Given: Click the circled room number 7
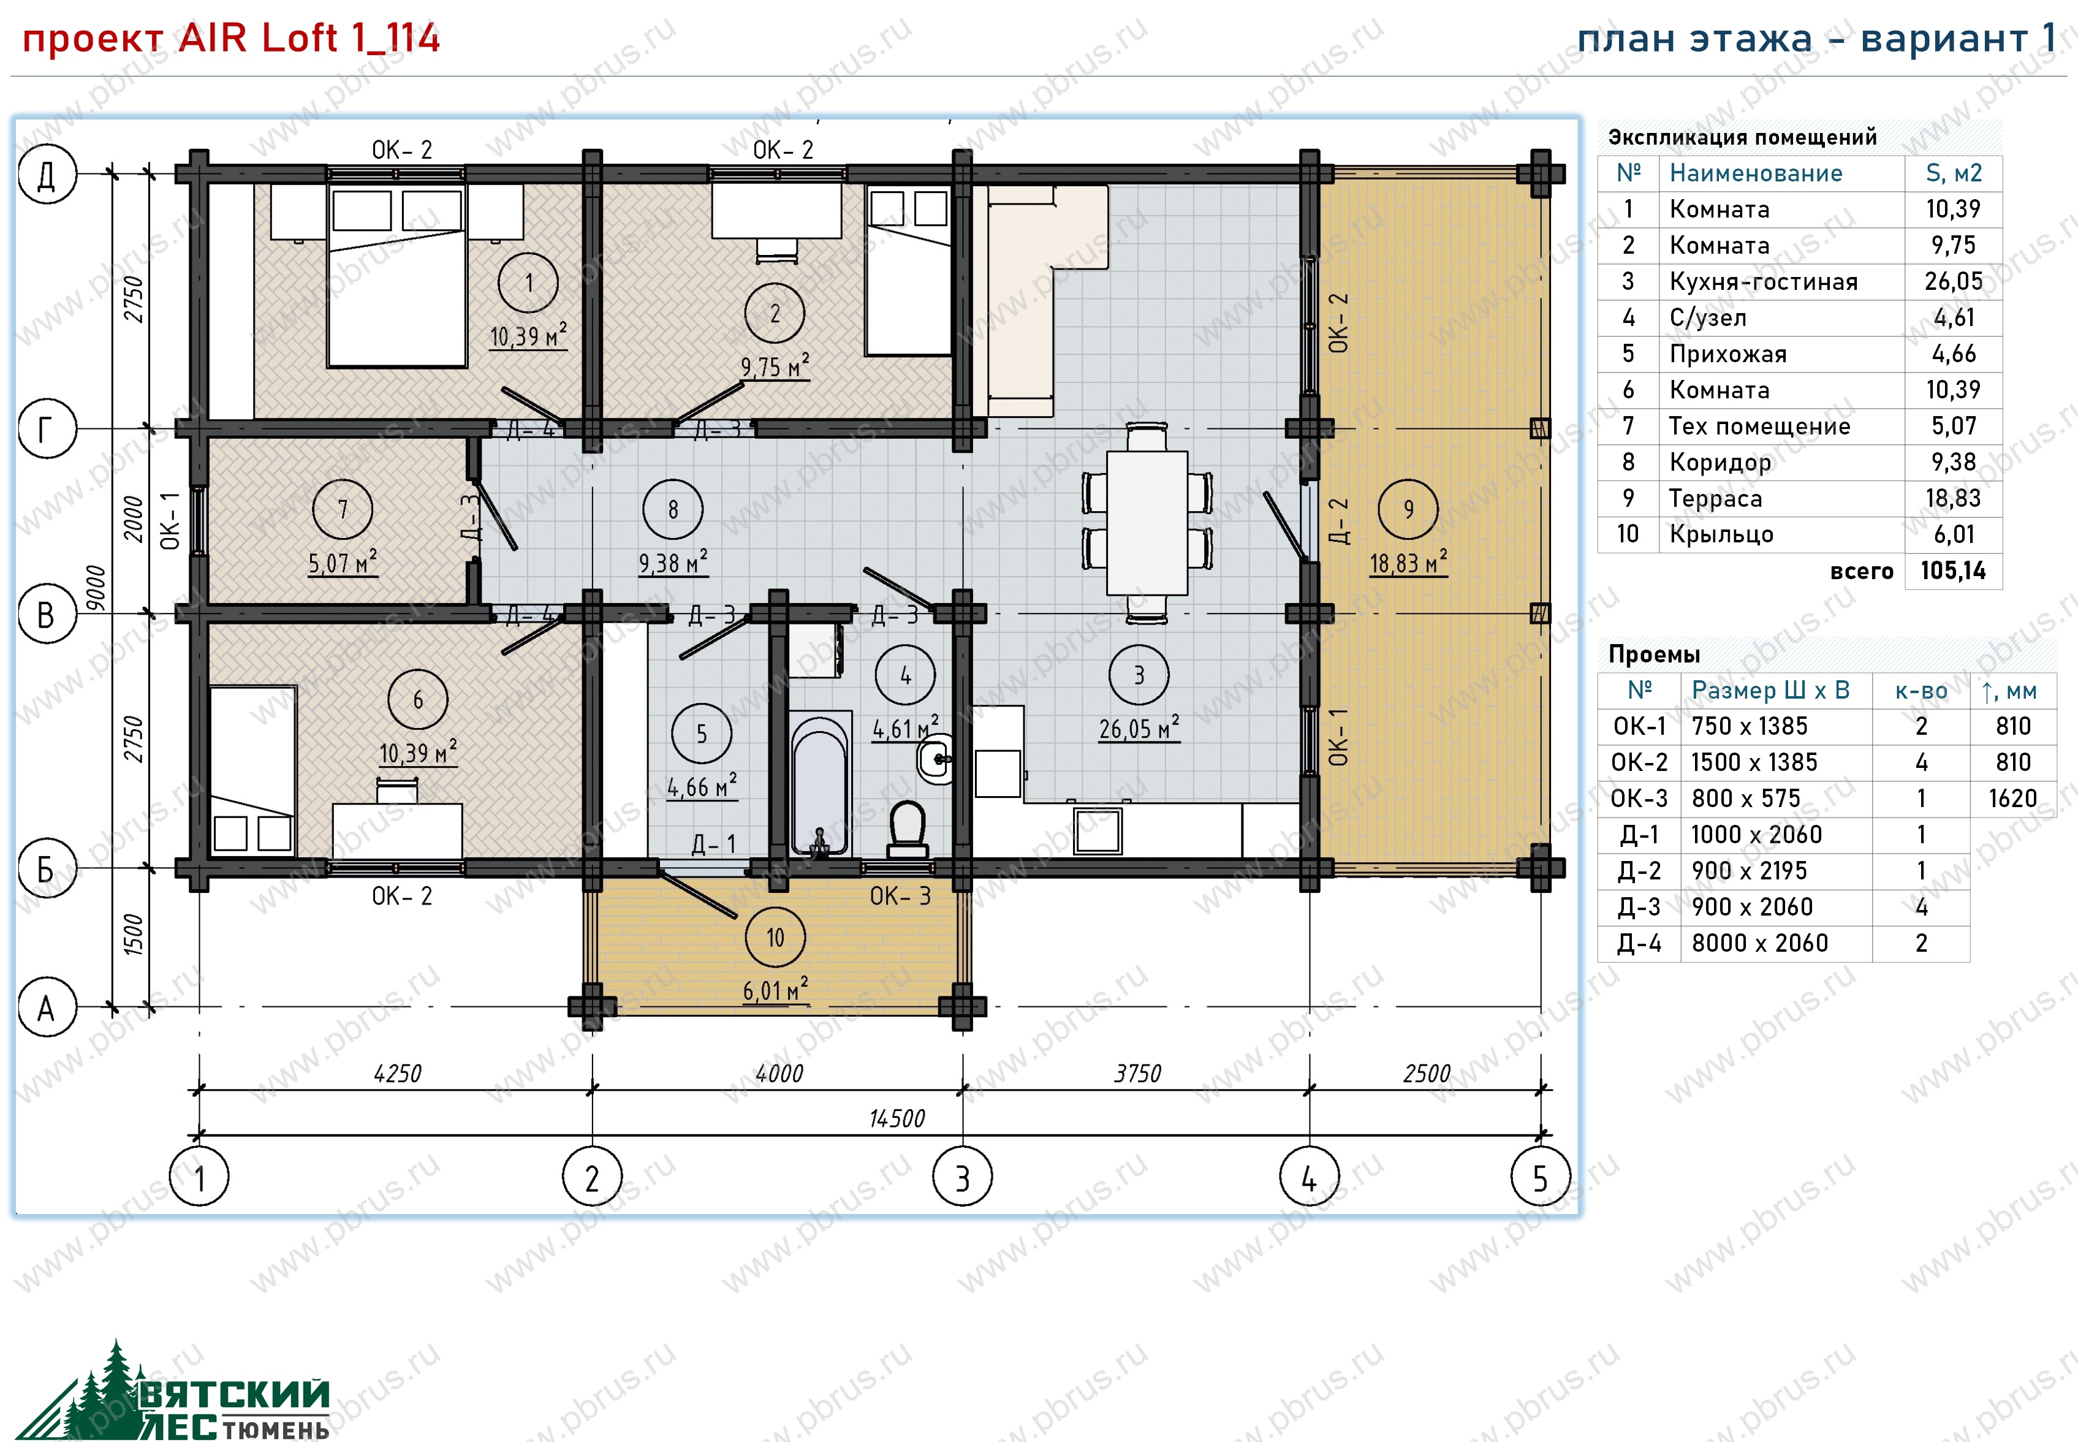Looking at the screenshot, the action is tap(343, 510).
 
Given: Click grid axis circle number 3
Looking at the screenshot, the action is tap(962, 1177).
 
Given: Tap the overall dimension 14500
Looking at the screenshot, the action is tap(897, 1118).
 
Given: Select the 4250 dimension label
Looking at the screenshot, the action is tap(398, 1073).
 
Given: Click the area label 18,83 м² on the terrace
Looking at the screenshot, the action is tap(1408, 562).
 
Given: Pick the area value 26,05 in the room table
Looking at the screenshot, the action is tap(1954, 281).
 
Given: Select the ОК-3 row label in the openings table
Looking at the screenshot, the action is tap(1639, 798).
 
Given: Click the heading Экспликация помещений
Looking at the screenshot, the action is tap(1742, 137).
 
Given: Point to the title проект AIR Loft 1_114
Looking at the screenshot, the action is tap(231, 38).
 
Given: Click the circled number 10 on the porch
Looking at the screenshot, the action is tap(775, 938).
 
